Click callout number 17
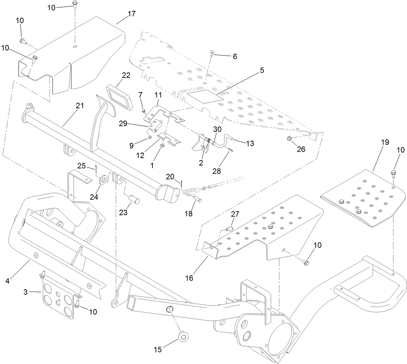pyautogui.click(x=131, y=14)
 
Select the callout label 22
pyautogui.click(x=126, y=75)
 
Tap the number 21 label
pyautogui.click(x=79, y=106)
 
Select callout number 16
pyautogui.click(x=189, y=278)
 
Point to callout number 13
pyautogui.click(x=250, y=143)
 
